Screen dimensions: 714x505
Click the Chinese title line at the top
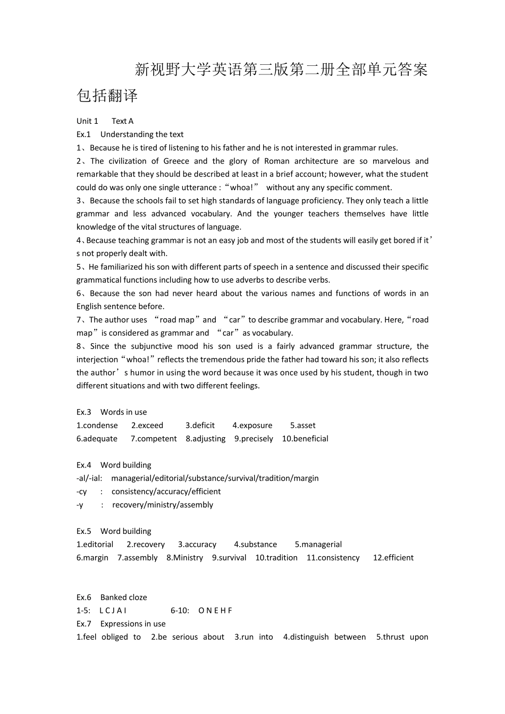tap(281, 70)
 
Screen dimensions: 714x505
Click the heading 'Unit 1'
tap(87, 121)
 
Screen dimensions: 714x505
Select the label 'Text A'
tap(122, 121)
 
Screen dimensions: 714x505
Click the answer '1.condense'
tap(97, 426)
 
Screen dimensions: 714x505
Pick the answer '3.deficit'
tap(200, 426)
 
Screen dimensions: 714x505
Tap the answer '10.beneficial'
tap(305, 439)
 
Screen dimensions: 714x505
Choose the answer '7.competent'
tap(154, 439)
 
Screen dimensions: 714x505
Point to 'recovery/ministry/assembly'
tap(162, 505)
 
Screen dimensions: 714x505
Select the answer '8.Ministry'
tap(184, 558)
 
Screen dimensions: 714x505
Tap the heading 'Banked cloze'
tap(123, 598)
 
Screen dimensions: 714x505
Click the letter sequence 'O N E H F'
tap(215, 611)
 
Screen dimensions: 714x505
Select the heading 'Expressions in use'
tap(133, 624)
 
